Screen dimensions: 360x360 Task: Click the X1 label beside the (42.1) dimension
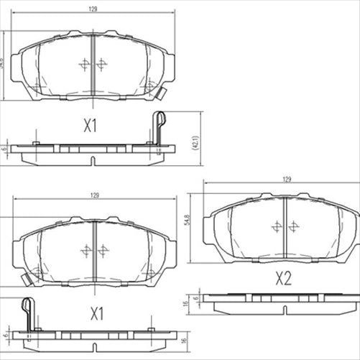[89, 126]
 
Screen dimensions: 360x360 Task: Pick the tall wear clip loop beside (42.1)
[160, 122]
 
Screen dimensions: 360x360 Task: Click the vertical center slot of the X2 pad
[286, 223]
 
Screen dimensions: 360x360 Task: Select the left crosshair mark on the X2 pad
[277, 226]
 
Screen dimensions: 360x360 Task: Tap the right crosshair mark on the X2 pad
[294, 226]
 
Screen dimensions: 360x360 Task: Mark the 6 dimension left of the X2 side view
[195, 296]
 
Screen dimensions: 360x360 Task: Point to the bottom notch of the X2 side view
[286, 310]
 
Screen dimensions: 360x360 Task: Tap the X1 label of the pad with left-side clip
[96, 314]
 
